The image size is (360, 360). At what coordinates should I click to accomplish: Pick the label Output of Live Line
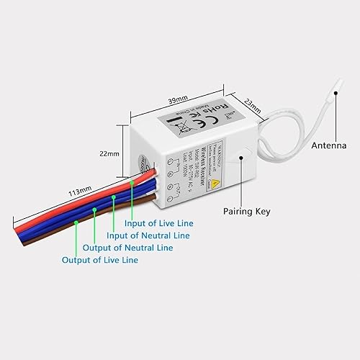[100, 260]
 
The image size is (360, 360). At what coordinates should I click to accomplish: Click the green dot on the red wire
[132, 184]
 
